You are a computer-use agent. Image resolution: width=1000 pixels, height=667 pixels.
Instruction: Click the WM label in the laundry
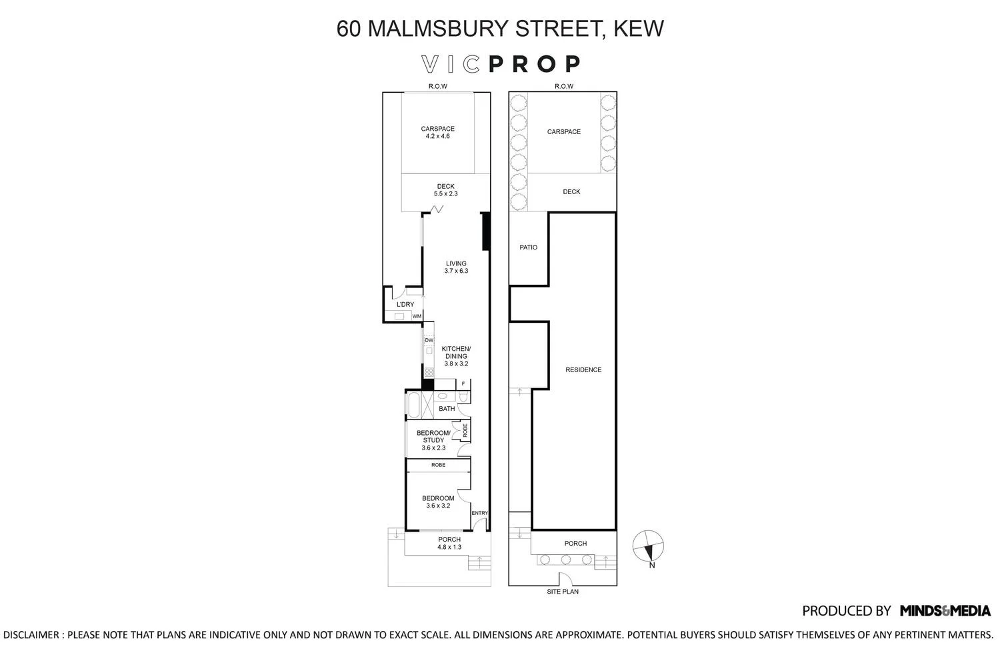tap(417, 316)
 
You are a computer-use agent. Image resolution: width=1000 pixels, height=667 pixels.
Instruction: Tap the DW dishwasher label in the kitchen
tap(429, 340)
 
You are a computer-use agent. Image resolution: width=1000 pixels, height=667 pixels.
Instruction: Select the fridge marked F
tap(463, 384)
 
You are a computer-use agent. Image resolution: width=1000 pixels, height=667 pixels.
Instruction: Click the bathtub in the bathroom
tap(413, 406)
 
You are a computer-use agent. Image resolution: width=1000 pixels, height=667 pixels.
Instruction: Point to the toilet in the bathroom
tap(463, 396)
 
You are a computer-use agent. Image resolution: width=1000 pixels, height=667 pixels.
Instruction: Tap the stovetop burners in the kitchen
tap(429, 372)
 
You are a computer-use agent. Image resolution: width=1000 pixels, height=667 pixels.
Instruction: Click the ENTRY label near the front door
tap(480, 513)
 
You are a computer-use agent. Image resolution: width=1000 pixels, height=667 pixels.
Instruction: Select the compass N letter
tap(652, 565)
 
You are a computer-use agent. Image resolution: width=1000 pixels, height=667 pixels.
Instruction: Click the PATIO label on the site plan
tap(529, 247)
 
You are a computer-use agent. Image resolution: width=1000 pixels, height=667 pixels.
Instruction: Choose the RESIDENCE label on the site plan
tap(583, 370)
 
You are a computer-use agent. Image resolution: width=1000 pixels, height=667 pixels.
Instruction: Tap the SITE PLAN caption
tap(563, 592)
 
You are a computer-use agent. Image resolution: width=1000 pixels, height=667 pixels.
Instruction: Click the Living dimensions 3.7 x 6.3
tap(456, 271)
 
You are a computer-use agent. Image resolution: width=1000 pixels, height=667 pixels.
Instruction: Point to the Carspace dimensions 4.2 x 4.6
tap(437, 136)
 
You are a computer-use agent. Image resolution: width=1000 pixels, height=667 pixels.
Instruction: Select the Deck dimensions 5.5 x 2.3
tap(445, 193)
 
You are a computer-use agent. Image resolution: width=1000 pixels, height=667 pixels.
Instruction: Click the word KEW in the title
tap(639, 29)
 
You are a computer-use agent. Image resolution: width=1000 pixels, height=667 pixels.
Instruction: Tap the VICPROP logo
tap(501, 64)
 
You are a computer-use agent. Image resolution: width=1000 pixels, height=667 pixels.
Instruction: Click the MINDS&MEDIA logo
tap(945, 611)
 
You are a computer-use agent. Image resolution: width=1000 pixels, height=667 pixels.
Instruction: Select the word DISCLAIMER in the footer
tap(31, 635)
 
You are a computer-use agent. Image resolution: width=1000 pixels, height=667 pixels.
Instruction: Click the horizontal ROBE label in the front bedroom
tap(439, 465)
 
